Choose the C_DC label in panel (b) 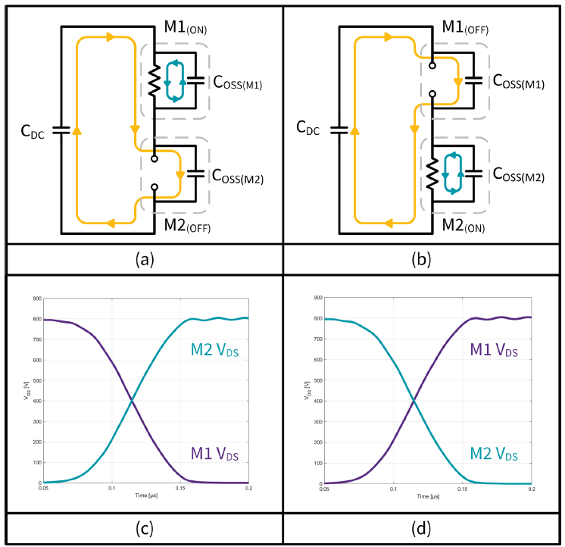pyautogui.click(x=306, y=130)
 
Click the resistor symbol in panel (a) pyautogui.click(x=154, y=80)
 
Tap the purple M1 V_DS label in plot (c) pyautogui.click(x=215, y=455)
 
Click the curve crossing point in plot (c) pyautogui.click(x=133, y=400)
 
